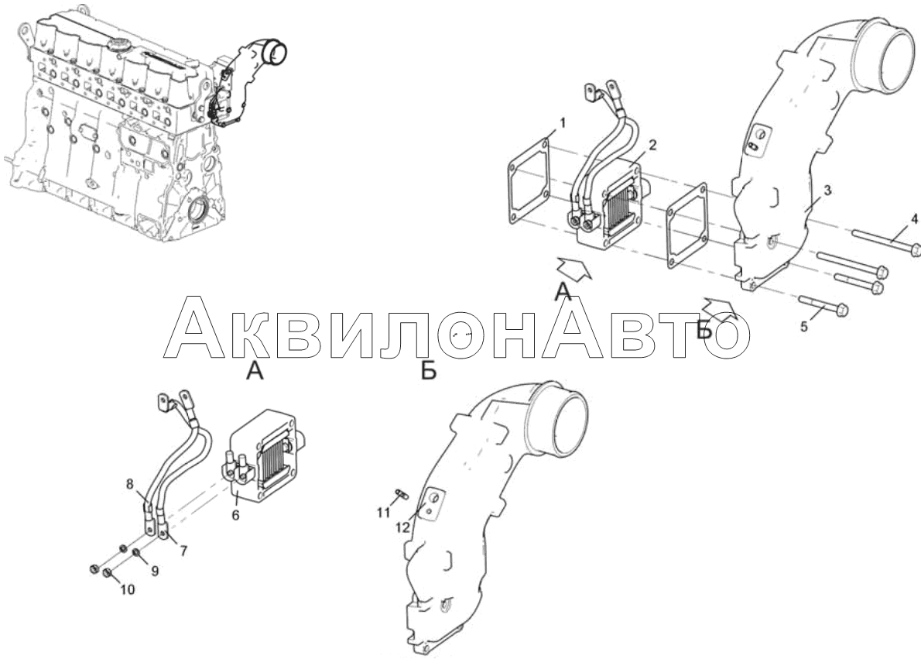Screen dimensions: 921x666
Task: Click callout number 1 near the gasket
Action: coord(562,123)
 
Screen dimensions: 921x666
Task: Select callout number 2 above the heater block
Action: coord(653,145)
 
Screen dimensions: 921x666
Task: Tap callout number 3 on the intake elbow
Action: coord(827,191)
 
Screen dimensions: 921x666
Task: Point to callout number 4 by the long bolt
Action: coord(914,219)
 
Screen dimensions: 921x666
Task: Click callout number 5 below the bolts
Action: coord(804,325)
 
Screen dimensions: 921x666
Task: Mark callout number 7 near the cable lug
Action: coord(183,551)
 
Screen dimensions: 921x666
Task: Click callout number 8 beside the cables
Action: coord(129,484)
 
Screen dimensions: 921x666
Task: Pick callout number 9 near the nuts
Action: coord(155,571)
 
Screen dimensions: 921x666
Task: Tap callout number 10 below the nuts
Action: coord(128,589)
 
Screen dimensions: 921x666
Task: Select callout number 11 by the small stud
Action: coord(383,513)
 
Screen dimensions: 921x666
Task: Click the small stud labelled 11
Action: coord(402,493)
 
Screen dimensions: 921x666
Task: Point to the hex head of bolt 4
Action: coord(915,249)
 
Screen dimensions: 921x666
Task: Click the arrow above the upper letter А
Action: coord(573,267)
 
